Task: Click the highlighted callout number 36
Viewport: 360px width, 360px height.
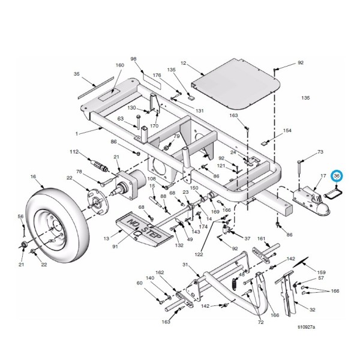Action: pos(337,175)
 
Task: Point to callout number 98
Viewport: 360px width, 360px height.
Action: pos(134,59)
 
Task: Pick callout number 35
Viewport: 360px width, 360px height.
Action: pos(77,74)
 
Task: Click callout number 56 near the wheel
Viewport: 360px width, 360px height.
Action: pos(20,216)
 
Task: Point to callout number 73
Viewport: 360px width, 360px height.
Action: pos(320,152)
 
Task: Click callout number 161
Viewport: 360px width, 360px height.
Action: pos(261,239)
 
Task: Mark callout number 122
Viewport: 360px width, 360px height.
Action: pos(199,254)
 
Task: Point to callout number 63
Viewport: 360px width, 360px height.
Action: pos(120,119)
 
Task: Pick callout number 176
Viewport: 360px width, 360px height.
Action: pos(157,75)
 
